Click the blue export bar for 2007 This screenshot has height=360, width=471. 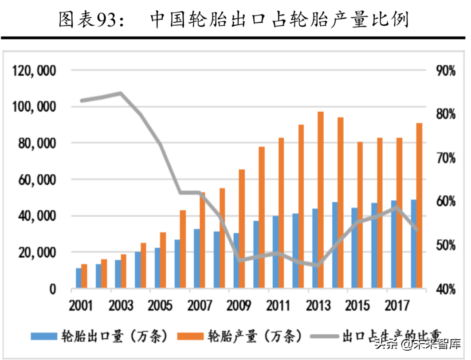[196, 259]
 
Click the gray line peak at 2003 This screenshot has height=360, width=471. [121, 93]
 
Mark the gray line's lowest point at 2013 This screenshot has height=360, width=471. [318, 266]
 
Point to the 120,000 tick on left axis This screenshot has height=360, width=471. [34, 70]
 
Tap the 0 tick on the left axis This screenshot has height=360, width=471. [52, 290]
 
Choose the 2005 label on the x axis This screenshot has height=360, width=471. [160, 306]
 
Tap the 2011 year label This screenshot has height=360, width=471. [278, 306]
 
